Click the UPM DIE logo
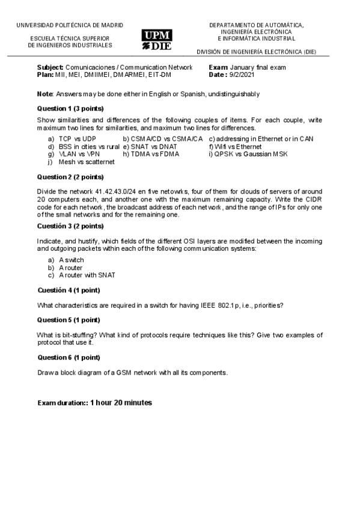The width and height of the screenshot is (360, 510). tap(156, 40)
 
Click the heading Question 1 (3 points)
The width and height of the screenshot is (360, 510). tap(70, 108)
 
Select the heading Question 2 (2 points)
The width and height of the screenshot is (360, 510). tap(70, 177)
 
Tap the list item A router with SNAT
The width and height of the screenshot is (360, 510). tap(87, 275)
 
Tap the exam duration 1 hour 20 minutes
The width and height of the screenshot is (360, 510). tap(121, 402)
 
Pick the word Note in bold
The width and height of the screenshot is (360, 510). tap(45, 94)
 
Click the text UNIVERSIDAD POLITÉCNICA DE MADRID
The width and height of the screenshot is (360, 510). tap(69, 25)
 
